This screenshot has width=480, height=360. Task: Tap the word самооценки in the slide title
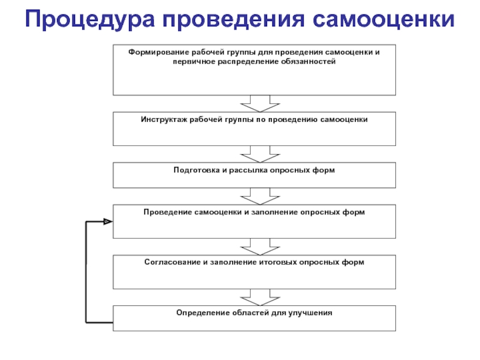(384, 19)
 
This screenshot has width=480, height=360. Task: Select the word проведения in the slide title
(233, 19)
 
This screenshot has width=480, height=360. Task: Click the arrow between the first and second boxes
(260, 104)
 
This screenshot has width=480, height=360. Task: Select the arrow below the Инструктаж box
(260, 154)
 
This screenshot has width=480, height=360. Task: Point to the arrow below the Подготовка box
(260, 196)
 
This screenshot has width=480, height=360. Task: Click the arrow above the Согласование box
(260, 247)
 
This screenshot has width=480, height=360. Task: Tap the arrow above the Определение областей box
(260, 297)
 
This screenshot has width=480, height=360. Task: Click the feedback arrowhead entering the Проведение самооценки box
(108, 221)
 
